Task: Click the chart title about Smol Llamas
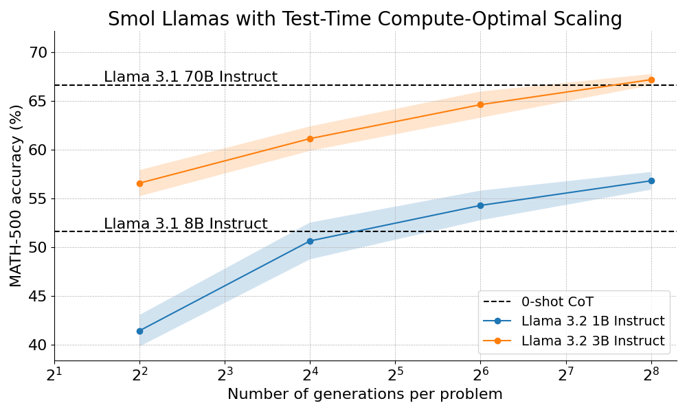365,19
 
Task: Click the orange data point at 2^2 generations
139,183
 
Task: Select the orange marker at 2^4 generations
310,139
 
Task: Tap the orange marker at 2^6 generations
480,104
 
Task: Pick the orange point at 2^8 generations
651,80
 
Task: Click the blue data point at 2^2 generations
139,331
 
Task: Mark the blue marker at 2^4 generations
310,241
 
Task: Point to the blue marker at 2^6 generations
480,205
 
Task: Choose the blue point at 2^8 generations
651,181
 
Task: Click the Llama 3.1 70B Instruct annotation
190,77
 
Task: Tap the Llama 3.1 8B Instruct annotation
185,224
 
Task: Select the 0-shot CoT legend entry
557,301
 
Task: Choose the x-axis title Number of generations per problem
365,395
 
